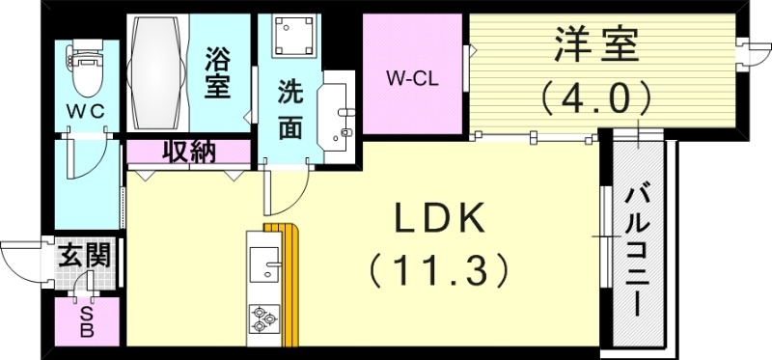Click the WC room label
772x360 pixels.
[x=84, y=110]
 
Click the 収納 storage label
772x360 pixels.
[x=188, y=152]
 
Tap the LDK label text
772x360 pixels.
[x=440, y=220]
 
